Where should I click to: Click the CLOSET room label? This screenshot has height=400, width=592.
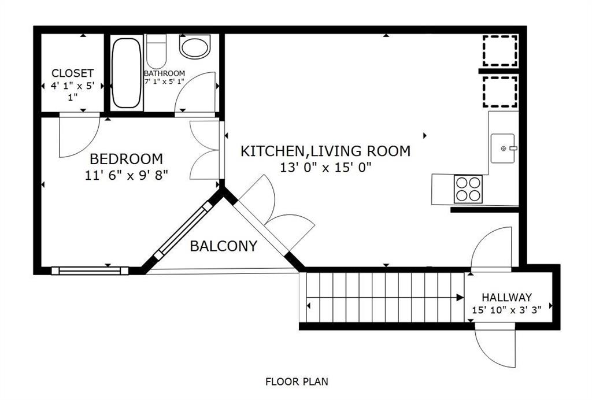(x=72, y=73)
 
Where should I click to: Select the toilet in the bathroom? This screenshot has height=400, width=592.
(x=156, y=51)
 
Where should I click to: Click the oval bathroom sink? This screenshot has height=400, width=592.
(x=195, y=47)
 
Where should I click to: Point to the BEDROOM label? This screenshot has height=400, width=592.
(x=126, y=158)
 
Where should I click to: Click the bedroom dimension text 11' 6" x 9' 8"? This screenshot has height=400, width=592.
(x=126, y=174)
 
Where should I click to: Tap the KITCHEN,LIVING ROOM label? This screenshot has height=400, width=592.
(x=325, y=151)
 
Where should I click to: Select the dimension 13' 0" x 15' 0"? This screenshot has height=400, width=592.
(x=325, y=168)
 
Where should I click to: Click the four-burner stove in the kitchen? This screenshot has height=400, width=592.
(x=468, y=188)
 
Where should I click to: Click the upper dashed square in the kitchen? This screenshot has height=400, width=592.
(x=499, y=51)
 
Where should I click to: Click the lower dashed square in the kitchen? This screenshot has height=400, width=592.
(x=499, y=91)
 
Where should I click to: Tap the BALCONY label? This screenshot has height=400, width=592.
(x=223, y=247)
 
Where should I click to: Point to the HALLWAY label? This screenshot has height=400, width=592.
(x=507, y=298)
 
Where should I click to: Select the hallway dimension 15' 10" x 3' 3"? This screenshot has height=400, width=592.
(x=507, y=311)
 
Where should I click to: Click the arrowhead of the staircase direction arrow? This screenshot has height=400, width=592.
(x=460, y=298)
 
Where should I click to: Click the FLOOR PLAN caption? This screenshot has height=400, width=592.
(x=297, y=382)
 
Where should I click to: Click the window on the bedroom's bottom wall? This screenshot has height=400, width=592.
(x=90, y=270)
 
